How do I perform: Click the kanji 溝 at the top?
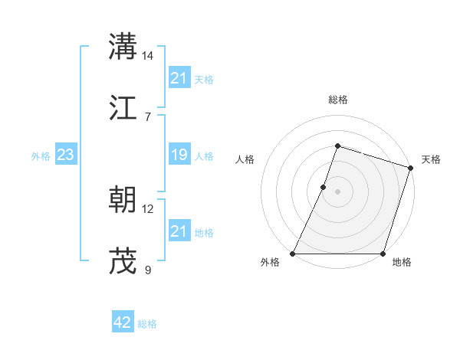coord(123,46)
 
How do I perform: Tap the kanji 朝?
coord(123,200)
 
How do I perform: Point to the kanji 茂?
coord(123,260)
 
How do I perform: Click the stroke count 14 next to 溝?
coord(148,56)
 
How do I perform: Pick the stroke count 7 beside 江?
coord(148,116)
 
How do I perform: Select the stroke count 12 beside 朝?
coord(148,209)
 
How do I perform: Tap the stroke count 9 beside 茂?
coord(148,270)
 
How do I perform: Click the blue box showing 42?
coord(123,322)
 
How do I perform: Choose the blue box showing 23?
coord(65,155)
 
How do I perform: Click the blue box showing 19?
coord(179,155)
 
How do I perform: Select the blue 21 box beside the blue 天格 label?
coord(179,78)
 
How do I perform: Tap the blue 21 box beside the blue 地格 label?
coord(179,231)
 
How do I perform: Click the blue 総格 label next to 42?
coord(147,324)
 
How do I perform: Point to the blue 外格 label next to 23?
coord(41,156)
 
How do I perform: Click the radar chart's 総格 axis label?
coord(337,100)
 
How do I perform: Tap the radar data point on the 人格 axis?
coord(324,187)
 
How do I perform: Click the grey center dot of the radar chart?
coord(337,191)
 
